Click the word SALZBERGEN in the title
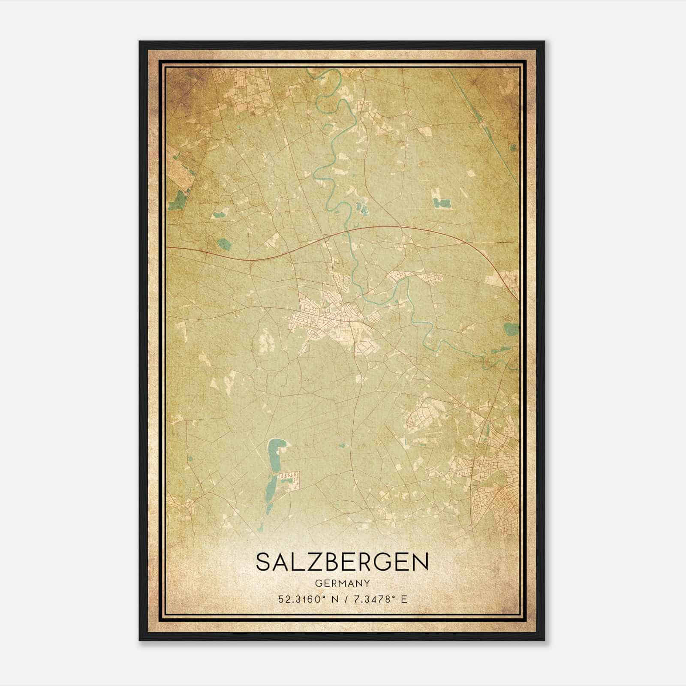(342, 562)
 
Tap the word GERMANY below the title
(342, 583)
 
